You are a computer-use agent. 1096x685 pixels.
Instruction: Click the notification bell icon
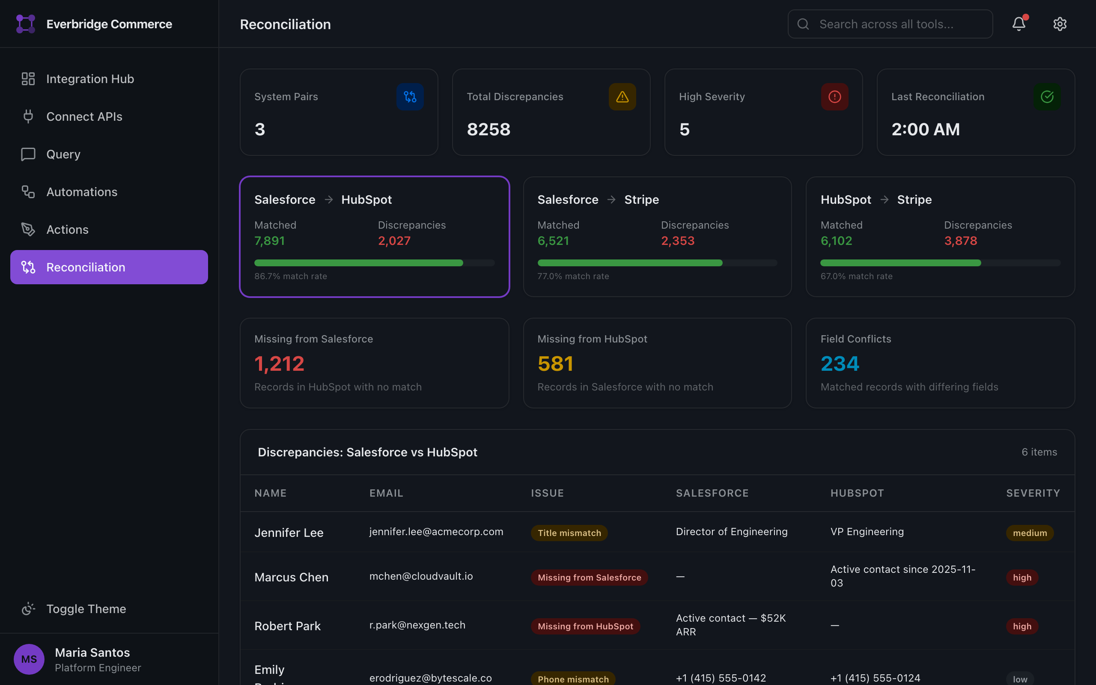point(1019,24)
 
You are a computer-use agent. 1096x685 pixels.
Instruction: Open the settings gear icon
point(1059,24)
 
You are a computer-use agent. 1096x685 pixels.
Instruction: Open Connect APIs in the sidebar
point(84,116)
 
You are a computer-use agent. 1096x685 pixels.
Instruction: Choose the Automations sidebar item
point(81,192)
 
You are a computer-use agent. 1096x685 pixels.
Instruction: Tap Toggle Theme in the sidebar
point(86,608)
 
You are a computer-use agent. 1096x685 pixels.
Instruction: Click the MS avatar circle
point(29,659)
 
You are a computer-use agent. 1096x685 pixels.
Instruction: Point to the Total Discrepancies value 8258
point(488,130)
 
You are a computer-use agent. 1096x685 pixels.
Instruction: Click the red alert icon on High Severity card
point(834,96)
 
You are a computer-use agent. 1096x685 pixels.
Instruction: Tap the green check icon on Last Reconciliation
point(1047,96)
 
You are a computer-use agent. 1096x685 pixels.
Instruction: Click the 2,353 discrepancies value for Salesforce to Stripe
point(678,241)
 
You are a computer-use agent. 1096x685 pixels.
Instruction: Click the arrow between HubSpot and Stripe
point(884,200)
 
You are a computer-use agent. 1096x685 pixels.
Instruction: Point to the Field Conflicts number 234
point(839,363)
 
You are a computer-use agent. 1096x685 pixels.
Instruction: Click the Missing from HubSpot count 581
point(555,363)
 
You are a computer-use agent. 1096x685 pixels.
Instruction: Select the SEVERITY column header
point(1033,493)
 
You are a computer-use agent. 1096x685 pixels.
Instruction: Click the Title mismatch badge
point(569,533)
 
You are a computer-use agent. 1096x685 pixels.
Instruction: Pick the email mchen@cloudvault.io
point(421,576)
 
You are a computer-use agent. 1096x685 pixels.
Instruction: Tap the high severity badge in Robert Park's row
point(1022,626)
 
